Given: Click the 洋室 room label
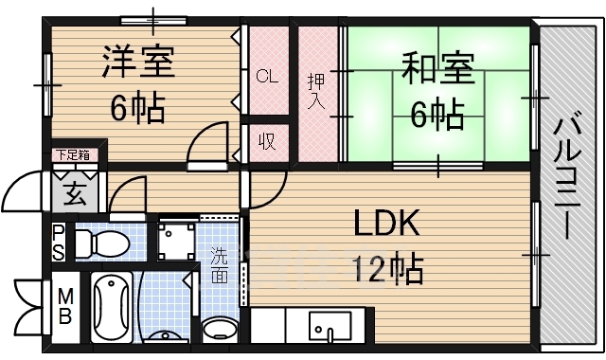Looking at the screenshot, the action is [x=139, y=63].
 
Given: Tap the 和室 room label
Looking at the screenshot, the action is [x=437, y=68].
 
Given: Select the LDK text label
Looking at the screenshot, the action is [x=387, y=223].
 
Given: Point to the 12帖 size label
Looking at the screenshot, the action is [x=387, y=269].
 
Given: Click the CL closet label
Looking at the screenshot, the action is [x=267, y=76].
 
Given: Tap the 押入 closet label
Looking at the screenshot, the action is [x=316, y=91].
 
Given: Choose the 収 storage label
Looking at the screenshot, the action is [x=267, y=141].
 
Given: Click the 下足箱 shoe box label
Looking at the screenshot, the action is [x=73, y=155].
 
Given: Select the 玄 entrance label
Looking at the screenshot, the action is [x=75, y=193].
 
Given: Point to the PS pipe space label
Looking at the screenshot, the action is [x=59, y=243].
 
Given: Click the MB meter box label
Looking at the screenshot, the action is [x=65, y=307].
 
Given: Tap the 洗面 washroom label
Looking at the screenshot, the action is [x=219, y=265].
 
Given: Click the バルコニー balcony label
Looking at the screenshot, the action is [x=566, y=178].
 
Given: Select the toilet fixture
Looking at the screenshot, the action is [x=102, y=243].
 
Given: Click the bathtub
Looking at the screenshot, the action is [x=112, y=307].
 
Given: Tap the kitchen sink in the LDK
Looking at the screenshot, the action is [x=330, y=326].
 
